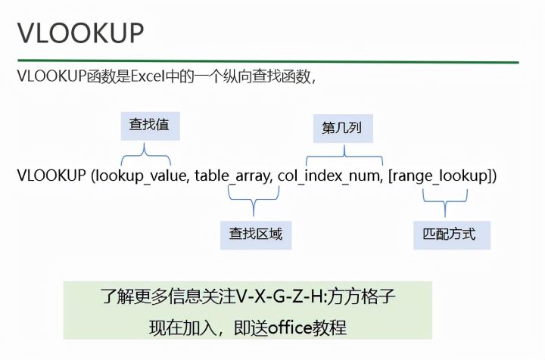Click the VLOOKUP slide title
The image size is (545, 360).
80,35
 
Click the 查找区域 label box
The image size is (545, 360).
256,234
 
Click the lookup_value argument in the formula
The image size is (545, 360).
141,176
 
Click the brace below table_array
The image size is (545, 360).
256,201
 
